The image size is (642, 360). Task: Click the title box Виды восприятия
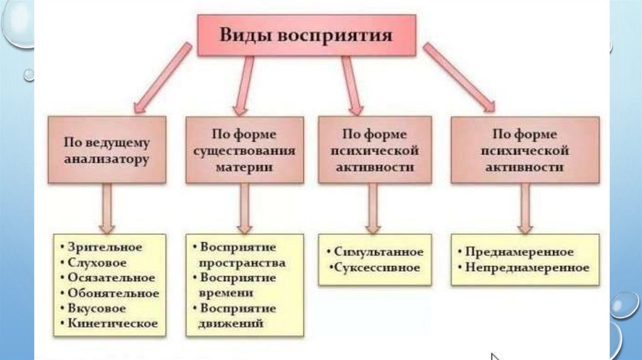(305, 34)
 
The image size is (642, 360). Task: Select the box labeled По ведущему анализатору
(107, 149)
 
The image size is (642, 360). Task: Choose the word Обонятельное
(113, 293)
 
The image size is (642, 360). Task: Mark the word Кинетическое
(113, 324)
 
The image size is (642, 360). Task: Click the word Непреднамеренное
(527, 268)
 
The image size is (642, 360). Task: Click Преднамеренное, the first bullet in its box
(520, 252)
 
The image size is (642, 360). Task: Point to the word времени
(226, 293)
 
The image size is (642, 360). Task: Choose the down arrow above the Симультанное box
(372, 208)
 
